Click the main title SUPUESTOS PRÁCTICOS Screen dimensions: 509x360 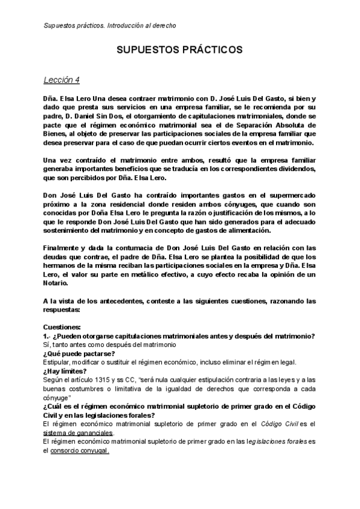(x=179, y=49)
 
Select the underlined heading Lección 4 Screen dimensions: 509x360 (x=62, y=80)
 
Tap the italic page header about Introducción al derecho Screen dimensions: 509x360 (x=110, y=25)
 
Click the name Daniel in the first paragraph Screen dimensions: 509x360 (x=88, y=114)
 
